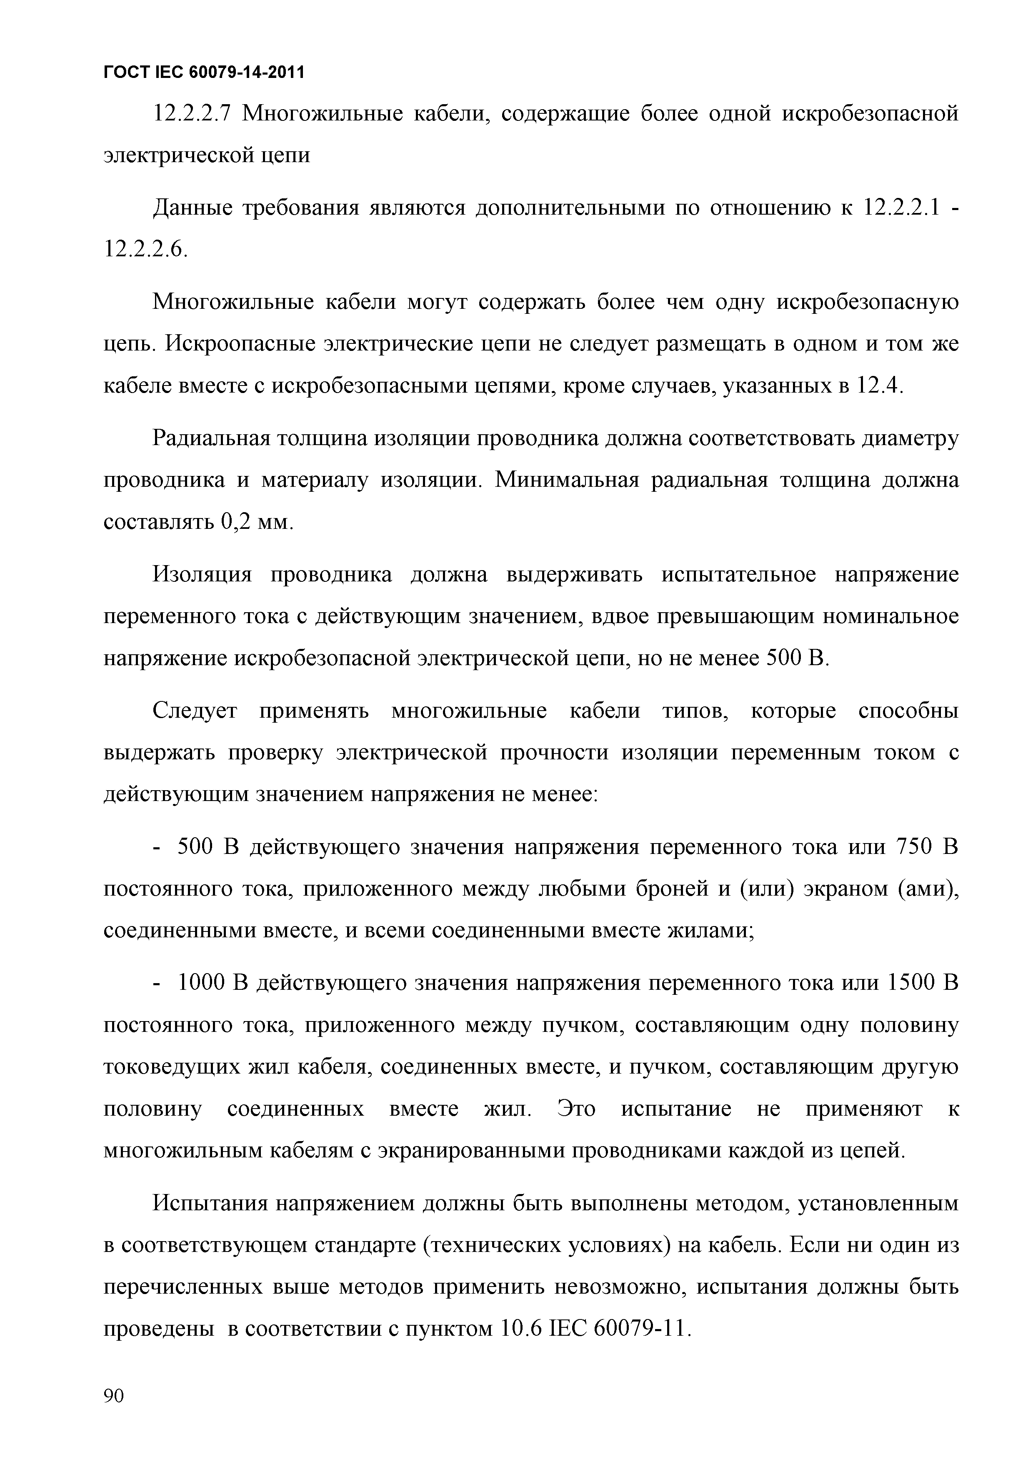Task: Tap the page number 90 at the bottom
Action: click(x=114, y=1395)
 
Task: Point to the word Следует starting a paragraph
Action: click(x=195, y=711)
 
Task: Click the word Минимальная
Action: click(x=566, y=480)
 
